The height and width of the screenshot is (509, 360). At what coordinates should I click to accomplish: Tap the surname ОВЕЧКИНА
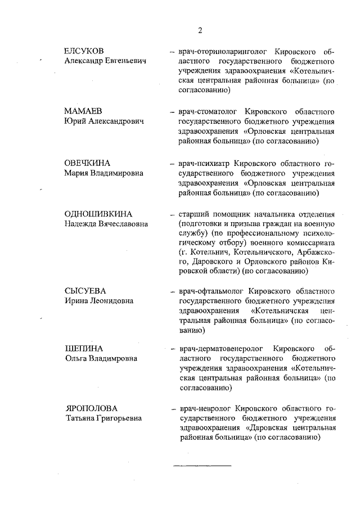pos(88,163)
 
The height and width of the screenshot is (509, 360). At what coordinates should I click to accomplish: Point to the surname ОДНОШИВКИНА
pos(98,214)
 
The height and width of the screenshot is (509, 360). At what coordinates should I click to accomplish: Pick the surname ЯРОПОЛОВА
pos(91,408)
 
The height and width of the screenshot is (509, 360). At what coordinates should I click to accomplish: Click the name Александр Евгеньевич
pos(105,60)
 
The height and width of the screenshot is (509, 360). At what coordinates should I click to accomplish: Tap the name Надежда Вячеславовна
pos(106,224)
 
